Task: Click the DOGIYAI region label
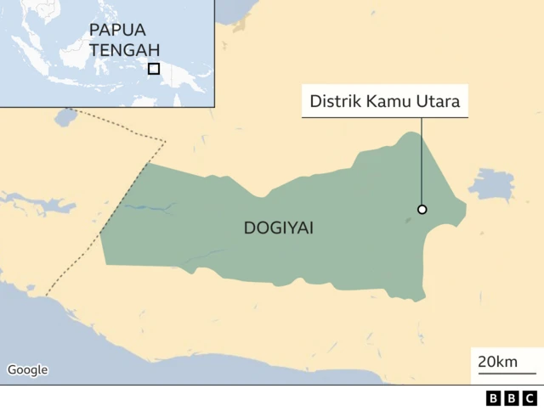click(278, 228)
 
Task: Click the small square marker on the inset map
click(154, 69)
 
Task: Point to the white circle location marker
click(422, 210)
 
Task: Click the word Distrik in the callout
click(334, 103)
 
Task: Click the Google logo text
click(27, 369)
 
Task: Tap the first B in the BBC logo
click(494, 398)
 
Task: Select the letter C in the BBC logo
click(530, 398)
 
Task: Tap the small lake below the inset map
click(65, 116)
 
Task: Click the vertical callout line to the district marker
click(422, 161)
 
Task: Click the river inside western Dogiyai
click(149, 206)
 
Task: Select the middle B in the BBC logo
click(512, 398)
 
